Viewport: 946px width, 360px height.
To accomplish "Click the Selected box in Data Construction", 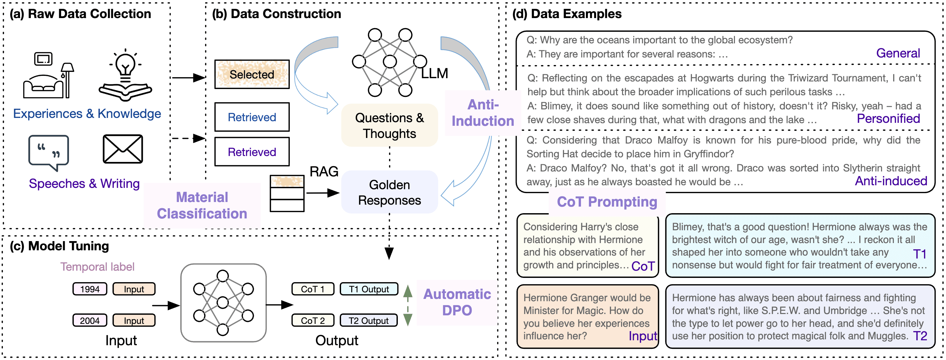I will (252, 74).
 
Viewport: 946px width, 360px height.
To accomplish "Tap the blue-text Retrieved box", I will (252, 117).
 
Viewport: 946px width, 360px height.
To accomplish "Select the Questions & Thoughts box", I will (389, 125).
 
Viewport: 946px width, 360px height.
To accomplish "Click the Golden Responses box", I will (389, 192).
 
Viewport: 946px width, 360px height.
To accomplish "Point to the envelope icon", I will (123, 149).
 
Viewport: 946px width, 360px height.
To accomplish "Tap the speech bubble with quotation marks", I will (49, 152).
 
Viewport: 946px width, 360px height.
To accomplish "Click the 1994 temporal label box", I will (90, 289).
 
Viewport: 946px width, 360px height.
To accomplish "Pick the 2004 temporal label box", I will (90, 321).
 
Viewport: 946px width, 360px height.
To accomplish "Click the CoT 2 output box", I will (312, 321).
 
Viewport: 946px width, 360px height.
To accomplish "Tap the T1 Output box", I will (369, 289).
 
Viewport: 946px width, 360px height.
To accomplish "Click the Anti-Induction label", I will (483, 113).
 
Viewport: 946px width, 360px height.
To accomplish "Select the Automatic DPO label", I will (457, 302).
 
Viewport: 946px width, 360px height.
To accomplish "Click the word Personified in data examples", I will (888, 119).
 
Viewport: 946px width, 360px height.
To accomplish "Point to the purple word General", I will (898, 53).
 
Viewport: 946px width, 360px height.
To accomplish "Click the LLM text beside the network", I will (435, 74).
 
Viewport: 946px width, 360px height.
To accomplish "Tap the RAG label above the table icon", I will (324, 171).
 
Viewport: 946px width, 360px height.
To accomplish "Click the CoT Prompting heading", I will (607, 202).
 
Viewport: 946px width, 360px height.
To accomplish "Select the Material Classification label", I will (202, 205).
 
